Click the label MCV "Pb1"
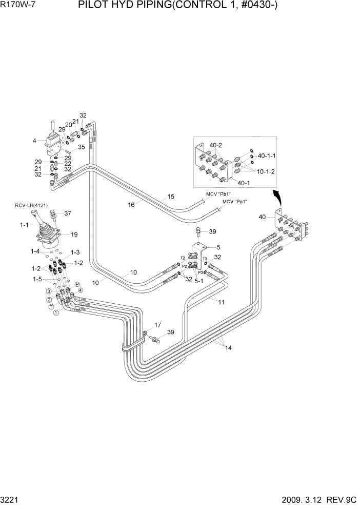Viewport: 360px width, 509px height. coord(218,193)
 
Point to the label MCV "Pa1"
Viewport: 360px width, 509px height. coord(234,202)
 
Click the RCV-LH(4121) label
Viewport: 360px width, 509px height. coord(31,206)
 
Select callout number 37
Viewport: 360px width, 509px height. coord(67,213)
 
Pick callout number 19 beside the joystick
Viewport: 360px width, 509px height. coord(74,234)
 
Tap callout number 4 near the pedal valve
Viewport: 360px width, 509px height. coord(34,140)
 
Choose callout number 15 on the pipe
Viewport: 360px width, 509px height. coord(171,197)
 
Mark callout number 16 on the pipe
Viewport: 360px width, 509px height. coord(131,205)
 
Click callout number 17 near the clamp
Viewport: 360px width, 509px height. coord(157,324)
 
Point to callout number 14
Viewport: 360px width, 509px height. coord(228,348)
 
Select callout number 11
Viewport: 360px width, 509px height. coord(222,302)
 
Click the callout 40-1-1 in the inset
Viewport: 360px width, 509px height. coord(267,155)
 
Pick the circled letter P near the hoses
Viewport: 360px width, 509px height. coord(77,284)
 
